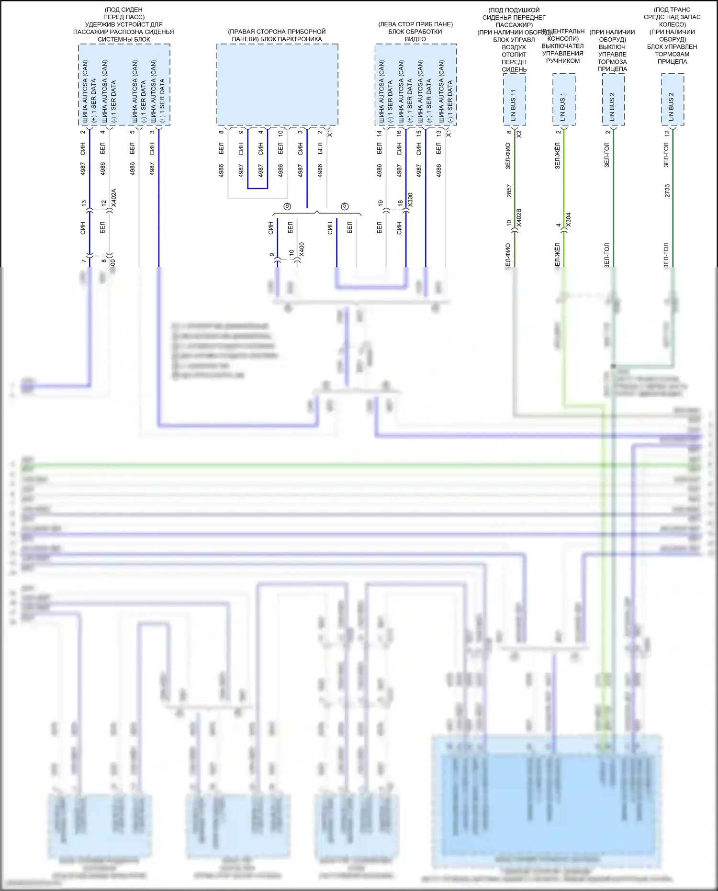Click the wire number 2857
509,191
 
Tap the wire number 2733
667,191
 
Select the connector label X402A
113,198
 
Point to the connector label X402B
519,218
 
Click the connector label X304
568,220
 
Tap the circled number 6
287,206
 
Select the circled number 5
345,206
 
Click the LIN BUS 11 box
514,100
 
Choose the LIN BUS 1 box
563,100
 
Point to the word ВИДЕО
415,39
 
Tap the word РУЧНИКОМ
563,61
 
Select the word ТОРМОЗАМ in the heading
672,54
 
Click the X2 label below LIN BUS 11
519,134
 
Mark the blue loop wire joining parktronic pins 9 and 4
258,188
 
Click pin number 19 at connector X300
380,203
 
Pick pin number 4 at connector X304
558,225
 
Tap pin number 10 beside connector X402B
509,223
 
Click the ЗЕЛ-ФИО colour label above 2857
508,156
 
